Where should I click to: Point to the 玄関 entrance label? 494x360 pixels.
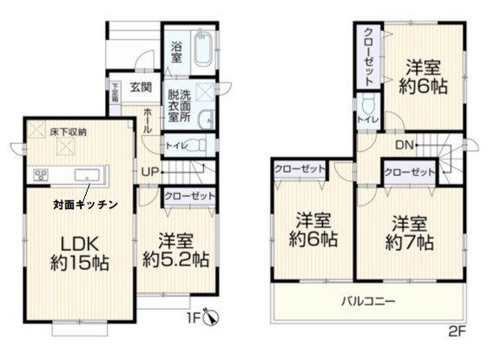coord(142,86)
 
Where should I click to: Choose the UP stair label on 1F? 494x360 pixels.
coord(149,172)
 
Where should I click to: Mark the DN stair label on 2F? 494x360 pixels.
coord(405,145)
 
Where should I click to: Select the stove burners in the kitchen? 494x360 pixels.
coord(40,175)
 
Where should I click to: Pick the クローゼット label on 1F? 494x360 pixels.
coord(188,197)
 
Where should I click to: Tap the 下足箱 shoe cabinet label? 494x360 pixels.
coord(115,92)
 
